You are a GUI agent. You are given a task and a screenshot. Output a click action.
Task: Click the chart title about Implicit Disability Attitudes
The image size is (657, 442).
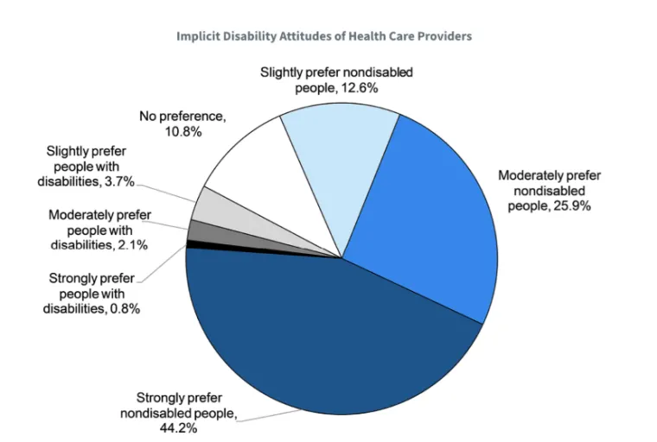324,36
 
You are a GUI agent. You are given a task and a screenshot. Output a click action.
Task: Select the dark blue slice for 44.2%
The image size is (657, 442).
328,337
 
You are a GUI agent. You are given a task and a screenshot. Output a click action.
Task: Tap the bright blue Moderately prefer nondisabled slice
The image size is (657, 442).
424,216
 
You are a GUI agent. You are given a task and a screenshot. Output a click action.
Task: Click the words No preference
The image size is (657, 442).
177,116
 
